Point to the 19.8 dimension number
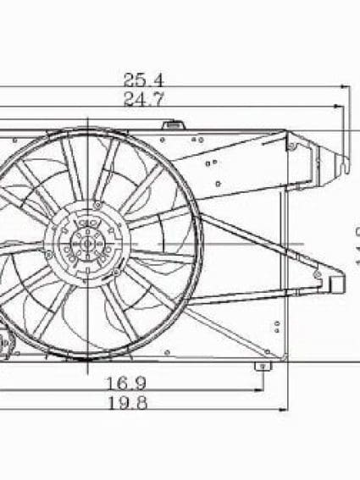click(127, 404)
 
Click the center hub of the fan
click(85, 245)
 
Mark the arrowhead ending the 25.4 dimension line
click(346, 86)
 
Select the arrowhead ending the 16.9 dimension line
click(258, 390)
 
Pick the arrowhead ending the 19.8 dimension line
click(284, 410)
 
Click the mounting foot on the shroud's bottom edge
click(262, 366)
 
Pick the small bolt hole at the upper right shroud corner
click(291, 146)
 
